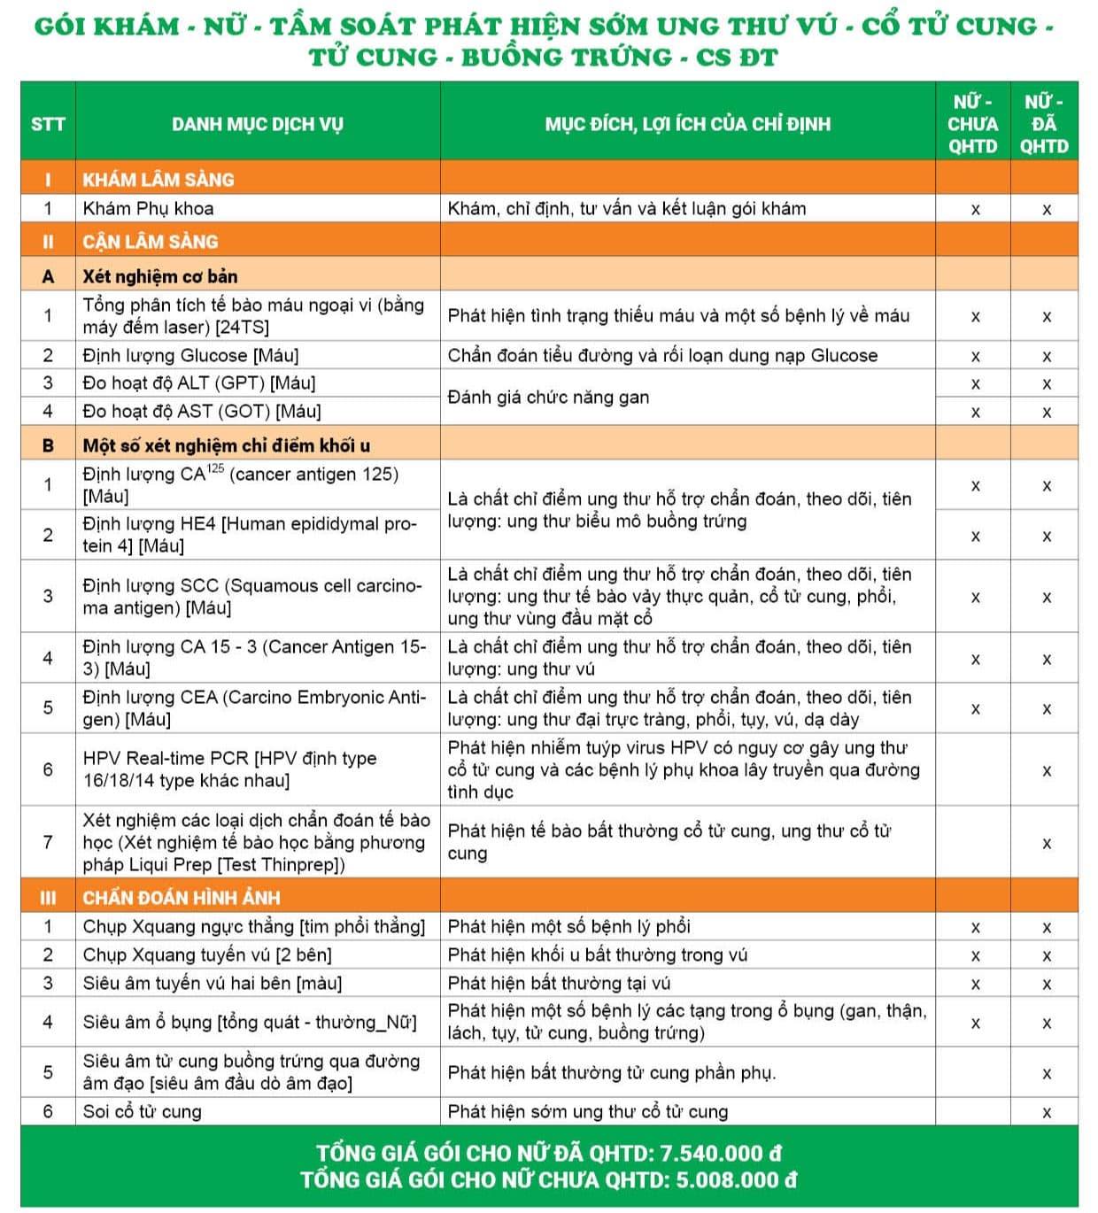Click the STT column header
point(48,124)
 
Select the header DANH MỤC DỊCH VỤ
point(257,124)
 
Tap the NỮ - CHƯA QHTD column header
point(972,124)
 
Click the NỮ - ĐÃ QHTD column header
point(1044,124)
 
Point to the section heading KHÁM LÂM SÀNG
point(159,180)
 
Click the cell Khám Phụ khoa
point(148,209)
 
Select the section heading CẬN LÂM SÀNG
point(150,242)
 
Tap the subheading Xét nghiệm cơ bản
point(159,276)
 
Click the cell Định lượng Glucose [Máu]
point(190,356)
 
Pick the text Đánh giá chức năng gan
point(548,398)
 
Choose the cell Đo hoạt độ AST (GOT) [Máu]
point(201,412)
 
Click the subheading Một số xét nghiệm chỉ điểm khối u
point(226,445)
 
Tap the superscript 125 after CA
point(215,467)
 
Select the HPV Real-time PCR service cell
point(229,769)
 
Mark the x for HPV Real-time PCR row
point(1046,771)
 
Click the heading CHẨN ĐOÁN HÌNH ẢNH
point(181,898)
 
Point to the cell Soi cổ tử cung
point(142,1112)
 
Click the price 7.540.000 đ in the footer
point(721,1153)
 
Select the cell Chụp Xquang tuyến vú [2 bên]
point(207,955)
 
